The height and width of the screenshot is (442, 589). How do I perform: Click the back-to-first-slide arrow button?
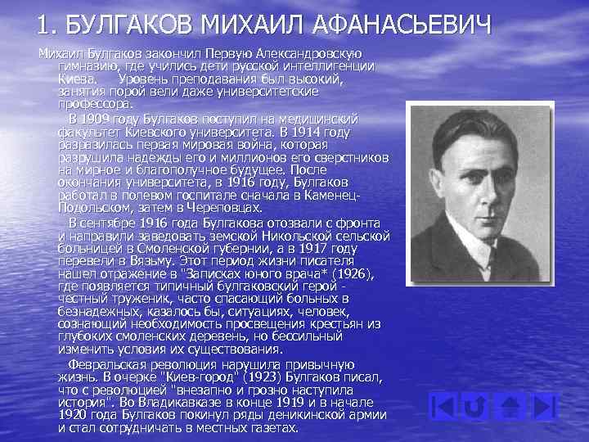click(x=443, y=405)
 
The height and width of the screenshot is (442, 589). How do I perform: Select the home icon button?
click(x=512, y=405)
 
